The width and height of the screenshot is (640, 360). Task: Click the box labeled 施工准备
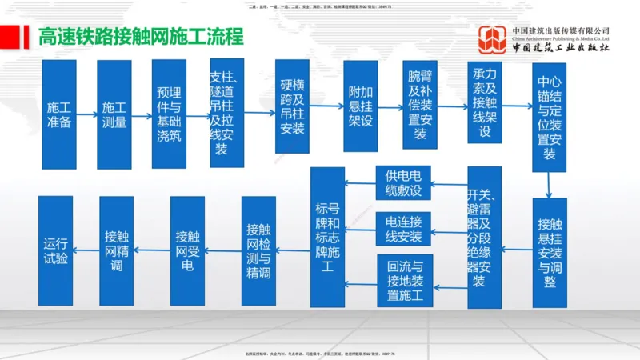(59, 114)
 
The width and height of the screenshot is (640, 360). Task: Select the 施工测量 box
(114, 114)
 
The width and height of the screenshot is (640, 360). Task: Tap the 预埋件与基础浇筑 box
(170, 114)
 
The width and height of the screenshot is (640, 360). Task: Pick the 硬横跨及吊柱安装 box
(292, 106)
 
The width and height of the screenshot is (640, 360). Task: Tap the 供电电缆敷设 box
(403, 183)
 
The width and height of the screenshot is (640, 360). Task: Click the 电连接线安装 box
(403, 228)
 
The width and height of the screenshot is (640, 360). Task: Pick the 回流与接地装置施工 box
(404, 281)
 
